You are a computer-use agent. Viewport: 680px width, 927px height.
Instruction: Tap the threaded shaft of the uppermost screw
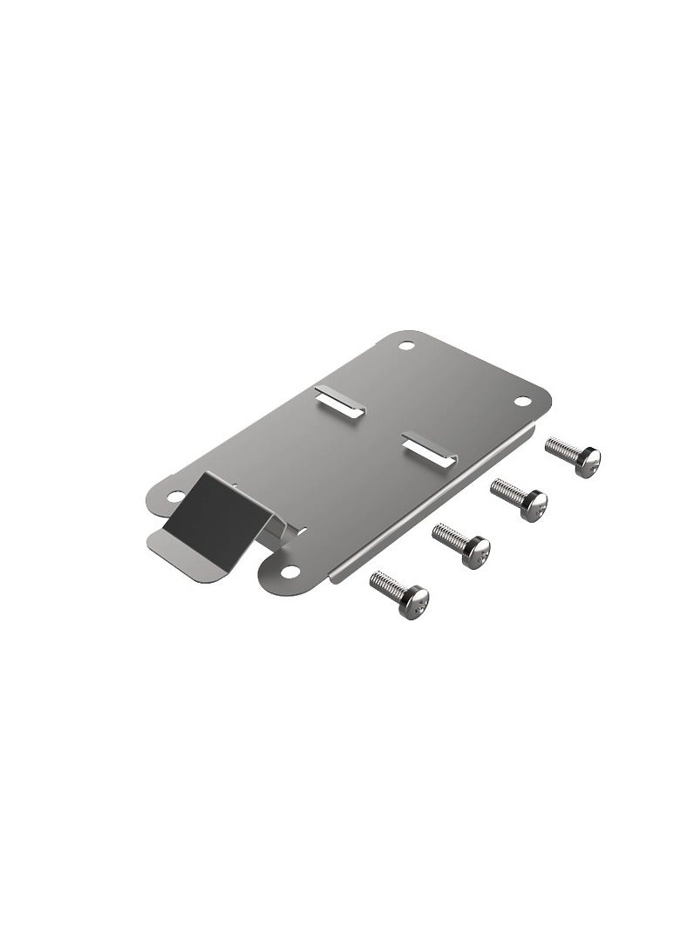point(561,448)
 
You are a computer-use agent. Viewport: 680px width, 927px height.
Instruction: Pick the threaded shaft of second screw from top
point(507,491)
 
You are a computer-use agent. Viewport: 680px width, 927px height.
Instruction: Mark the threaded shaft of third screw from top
point(448,537)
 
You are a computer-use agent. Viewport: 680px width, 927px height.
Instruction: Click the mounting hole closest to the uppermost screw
point(522,402)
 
